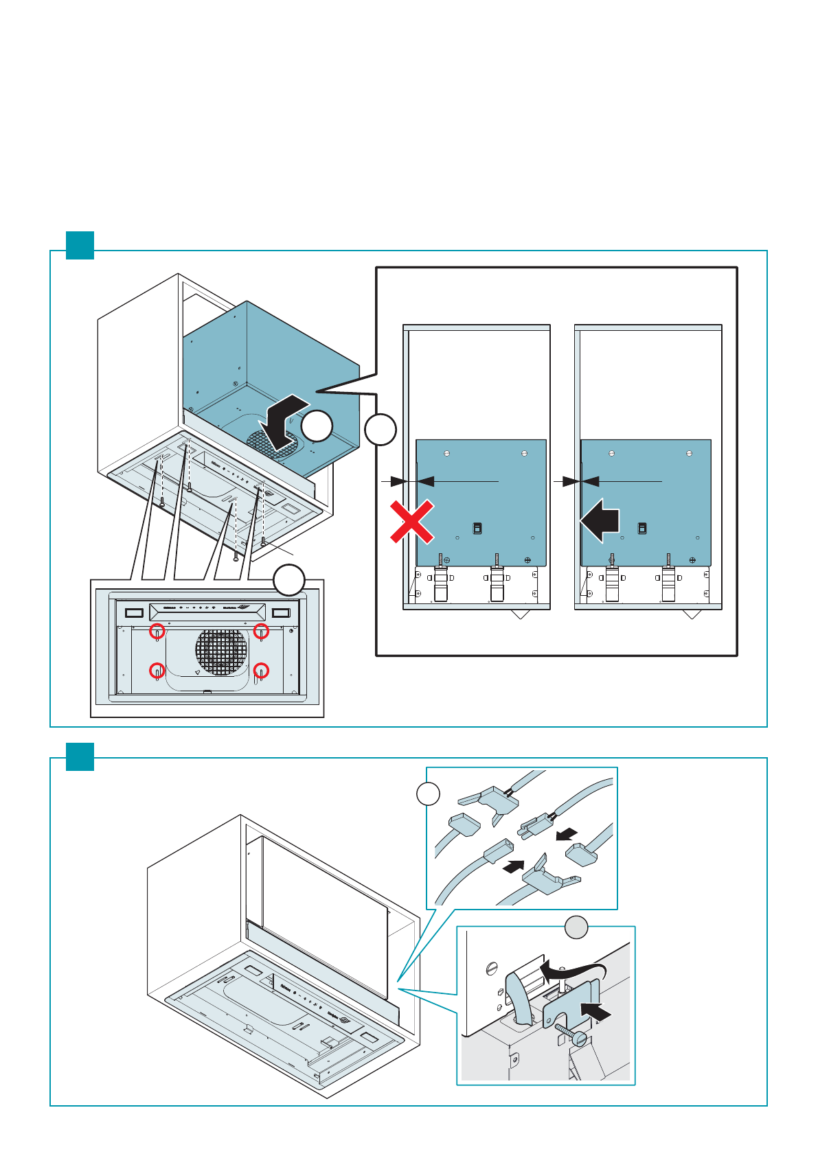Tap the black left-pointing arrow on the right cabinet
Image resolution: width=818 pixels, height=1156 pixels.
point(600,520)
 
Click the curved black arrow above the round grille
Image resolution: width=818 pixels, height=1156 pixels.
point(284,420)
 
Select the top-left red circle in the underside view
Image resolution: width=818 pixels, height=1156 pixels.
point(157,630)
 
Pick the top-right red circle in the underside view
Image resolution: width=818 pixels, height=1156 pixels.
point(261,630)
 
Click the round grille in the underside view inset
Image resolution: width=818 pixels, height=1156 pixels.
point(220,651)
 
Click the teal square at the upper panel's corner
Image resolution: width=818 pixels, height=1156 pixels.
point(80,245)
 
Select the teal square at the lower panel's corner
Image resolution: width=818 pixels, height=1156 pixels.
point(80,756)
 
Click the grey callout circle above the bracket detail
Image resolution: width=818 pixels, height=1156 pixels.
point(576,927)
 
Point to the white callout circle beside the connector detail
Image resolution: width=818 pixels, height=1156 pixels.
point(428,794)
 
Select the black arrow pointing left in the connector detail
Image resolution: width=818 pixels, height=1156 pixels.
point(567,834)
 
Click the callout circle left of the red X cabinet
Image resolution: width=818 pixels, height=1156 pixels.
point(380,430)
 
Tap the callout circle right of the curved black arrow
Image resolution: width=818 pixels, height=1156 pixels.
point(317,426)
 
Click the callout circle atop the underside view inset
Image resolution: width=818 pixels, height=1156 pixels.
point(289,580)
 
